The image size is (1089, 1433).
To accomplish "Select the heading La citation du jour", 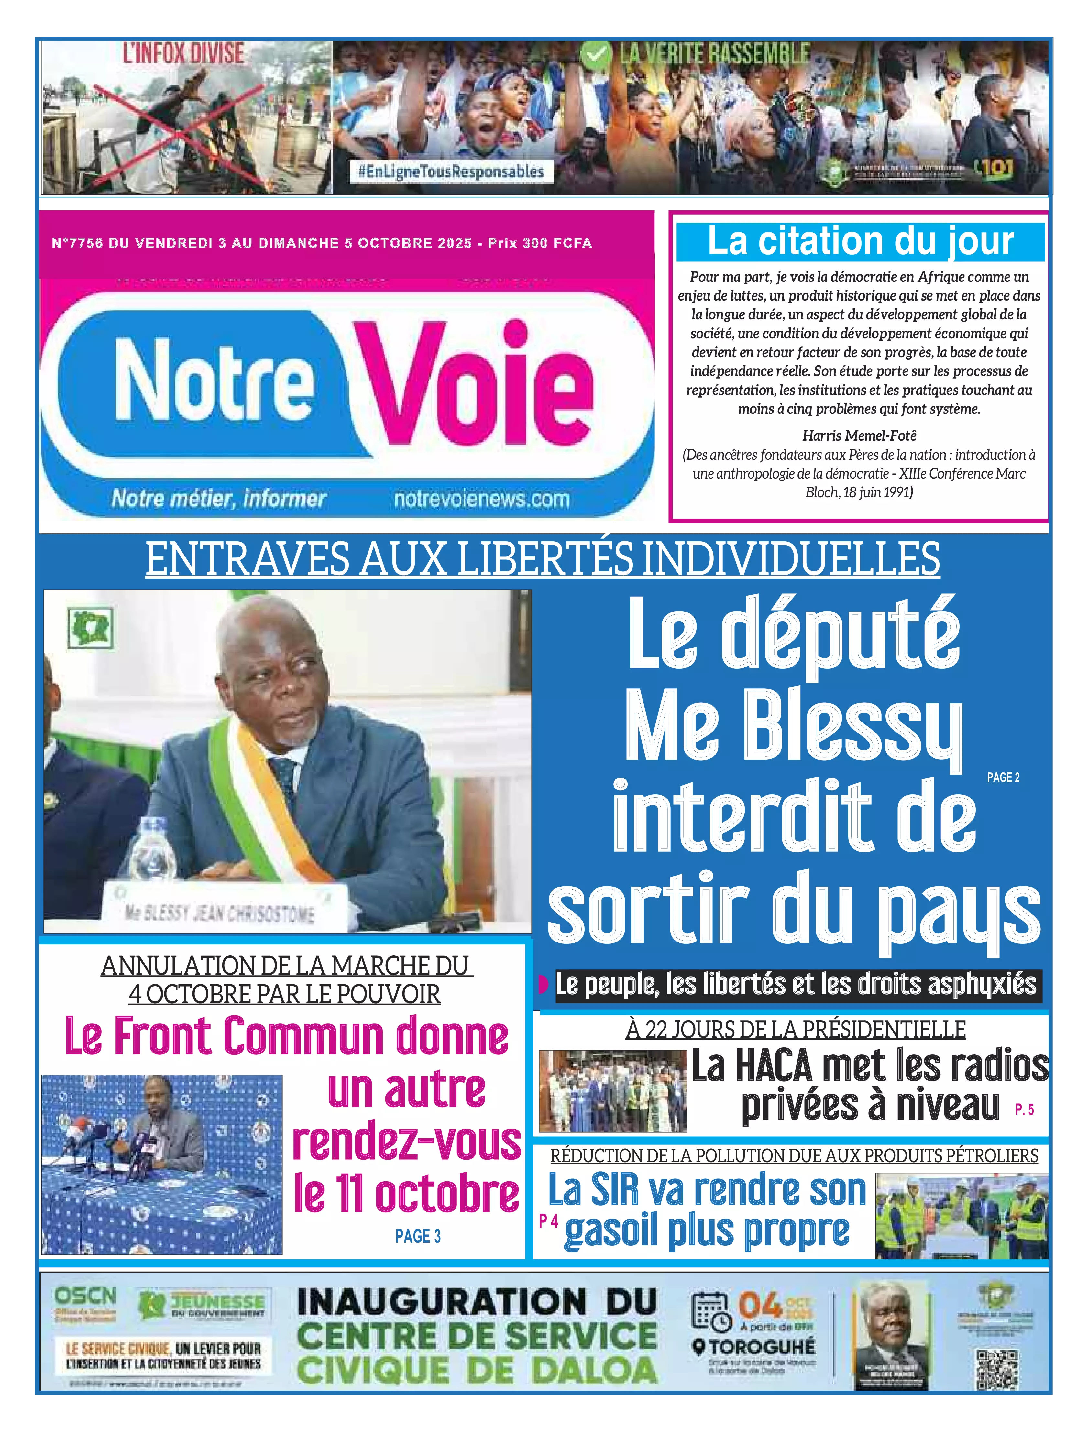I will pos(860,241).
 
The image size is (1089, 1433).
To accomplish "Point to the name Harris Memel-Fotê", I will pos(860,435).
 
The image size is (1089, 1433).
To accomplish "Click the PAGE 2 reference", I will pos(1003,777).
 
